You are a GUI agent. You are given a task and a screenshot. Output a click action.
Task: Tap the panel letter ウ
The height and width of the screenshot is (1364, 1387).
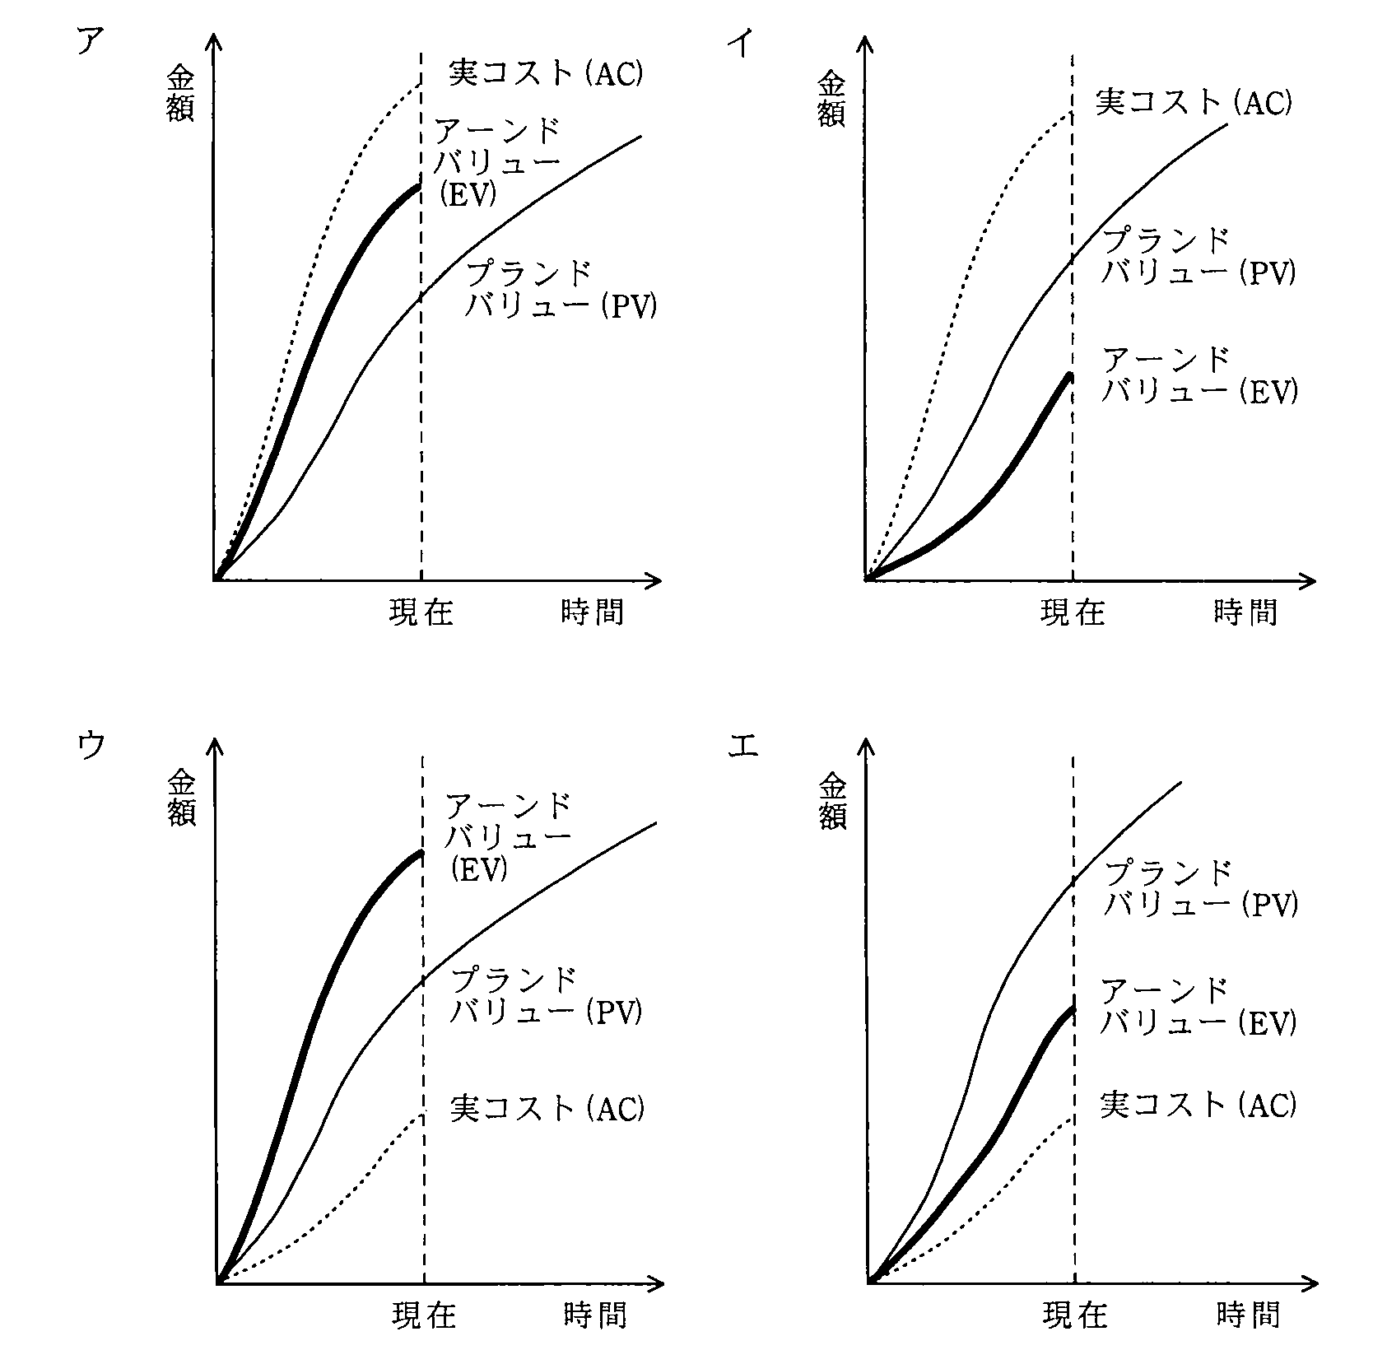[x=91, y=746]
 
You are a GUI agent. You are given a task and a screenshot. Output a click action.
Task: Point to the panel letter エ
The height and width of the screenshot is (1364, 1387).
[x=743, y=746]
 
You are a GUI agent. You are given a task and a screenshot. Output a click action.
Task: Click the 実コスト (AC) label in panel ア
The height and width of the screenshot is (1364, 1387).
[x=546, y=72]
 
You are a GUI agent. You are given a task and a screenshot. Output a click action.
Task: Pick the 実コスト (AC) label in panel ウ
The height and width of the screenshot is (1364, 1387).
[x=547, y=1107]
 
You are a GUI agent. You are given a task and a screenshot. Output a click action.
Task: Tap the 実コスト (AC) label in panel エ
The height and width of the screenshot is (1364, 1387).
[x=1198, y=1103]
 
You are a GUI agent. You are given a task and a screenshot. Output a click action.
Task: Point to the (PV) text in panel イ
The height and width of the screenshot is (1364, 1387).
[x=1268, y=272]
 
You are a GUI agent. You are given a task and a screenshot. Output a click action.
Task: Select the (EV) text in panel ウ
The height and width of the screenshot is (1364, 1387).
[x=479, y=868]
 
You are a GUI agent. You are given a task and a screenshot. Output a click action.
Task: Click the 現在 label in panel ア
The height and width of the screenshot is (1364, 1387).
[x=421, y=612]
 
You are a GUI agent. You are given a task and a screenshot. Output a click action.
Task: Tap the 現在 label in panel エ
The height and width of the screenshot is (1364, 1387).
[x=1075, y=1315]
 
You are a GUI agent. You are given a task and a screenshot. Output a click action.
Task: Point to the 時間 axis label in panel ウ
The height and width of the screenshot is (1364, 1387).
[x=596, y=1315]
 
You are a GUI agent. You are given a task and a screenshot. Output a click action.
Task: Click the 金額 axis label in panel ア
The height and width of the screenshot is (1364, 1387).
[x=180, y=94]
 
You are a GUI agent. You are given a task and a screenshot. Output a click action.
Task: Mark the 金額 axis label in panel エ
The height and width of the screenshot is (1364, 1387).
[x=832, y=802]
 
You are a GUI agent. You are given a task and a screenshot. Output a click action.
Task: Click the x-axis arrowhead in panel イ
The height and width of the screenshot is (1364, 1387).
[x=1308, y=581]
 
